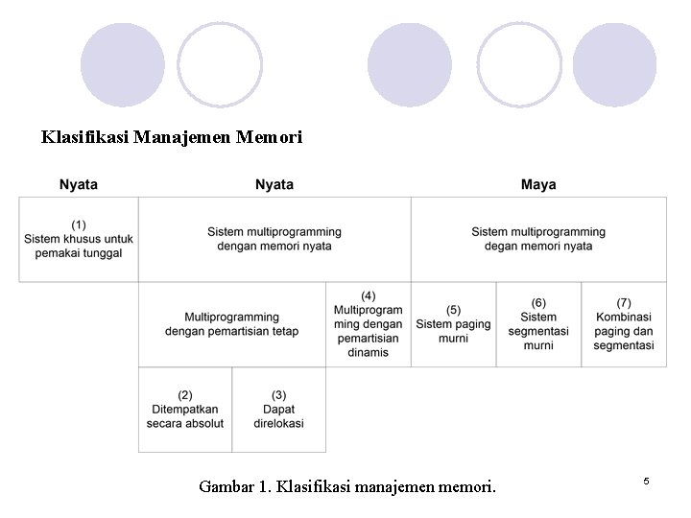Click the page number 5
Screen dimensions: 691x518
pos(646,480)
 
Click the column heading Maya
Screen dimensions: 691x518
pos(538,184)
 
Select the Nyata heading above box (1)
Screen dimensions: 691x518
pos(79,184)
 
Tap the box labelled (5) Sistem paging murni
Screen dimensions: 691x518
pos(453,324)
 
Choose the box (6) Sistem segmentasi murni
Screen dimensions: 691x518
pos(538,324)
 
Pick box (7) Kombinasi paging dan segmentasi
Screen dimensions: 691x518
pos(624,324)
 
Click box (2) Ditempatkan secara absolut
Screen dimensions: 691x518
pos(185,410)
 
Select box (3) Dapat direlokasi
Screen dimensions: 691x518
pos(278,410)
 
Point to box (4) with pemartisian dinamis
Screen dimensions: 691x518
pos(369,324)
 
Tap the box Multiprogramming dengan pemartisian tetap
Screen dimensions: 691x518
pos(232,324)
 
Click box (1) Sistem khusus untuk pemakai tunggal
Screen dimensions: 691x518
pos(79,239)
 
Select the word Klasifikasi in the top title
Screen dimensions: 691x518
pos(85,137)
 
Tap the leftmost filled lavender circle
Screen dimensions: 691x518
pos(123,64)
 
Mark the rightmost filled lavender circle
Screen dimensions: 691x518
pos(615,64)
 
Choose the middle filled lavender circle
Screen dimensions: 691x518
pos(410,64)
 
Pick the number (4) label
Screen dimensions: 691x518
pos(369,295)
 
